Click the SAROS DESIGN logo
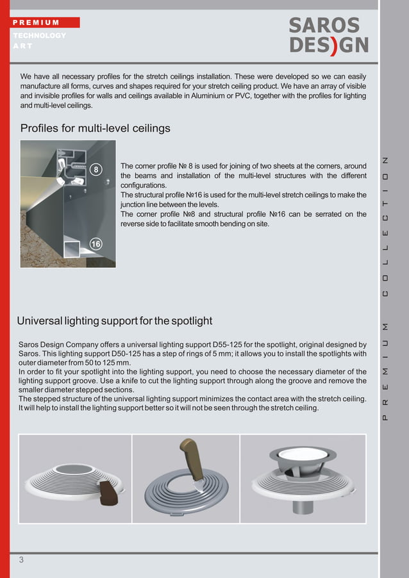coord(328,35)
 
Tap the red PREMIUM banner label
coord(44,22)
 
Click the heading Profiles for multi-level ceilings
coord(96,128)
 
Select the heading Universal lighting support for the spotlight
coord(114,320)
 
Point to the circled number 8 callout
coord(95,169)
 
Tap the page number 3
coord(21,560)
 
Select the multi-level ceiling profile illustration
coord(68,203)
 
